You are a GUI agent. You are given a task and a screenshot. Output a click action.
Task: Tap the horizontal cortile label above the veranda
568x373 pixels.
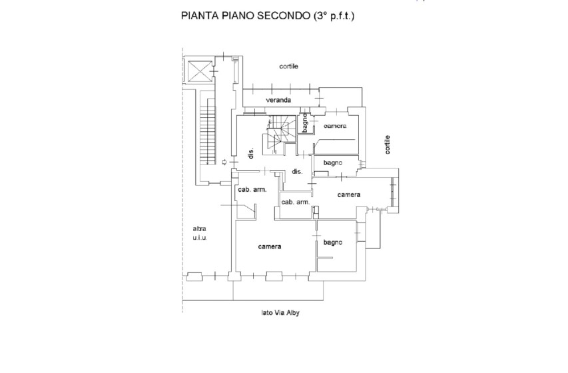point(289,67)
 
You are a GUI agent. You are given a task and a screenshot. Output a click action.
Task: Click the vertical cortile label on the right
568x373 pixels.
point(387,145)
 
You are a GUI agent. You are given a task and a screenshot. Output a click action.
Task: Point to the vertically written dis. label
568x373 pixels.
point(252,153)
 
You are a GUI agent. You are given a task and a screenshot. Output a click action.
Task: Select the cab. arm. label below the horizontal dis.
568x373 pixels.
point(295,202)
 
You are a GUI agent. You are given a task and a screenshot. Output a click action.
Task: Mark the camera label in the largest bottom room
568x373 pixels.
point(270,246)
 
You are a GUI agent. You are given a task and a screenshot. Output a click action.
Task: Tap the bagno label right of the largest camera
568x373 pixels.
point(332,242)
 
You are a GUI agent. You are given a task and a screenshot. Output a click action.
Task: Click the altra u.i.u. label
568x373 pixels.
point(199,233)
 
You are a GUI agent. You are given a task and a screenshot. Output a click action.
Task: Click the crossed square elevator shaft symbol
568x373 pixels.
point(198,70)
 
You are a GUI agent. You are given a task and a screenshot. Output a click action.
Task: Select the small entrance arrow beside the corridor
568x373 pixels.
point(224,162)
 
